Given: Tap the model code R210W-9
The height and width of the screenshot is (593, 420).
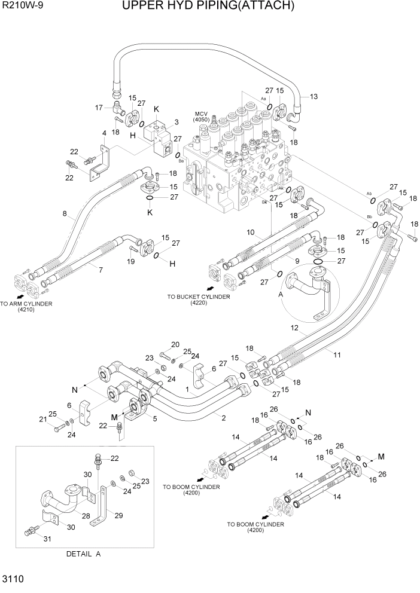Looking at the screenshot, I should click(23, 7).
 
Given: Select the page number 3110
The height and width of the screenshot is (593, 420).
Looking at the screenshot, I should click(14, 579).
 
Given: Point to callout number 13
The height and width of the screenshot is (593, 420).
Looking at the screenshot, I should click(314, 97).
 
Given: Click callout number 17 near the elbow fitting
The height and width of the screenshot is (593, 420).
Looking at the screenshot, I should click(101, 108).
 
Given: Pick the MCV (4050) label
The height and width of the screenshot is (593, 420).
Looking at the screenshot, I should click(201, 117).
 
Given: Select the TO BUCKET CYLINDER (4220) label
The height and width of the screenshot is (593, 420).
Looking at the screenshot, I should click(198, 299).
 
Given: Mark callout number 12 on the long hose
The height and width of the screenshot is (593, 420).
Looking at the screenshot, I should click(294, 328).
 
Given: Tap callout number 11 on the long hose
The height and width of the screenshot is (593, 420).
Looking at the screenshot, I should click(337, 355).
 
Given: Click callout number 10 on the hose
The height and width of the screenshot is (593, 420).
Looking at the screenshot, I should click(250, 232).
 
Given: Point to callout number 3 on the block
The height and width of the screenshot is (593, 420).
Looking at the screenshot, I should click(176, 122).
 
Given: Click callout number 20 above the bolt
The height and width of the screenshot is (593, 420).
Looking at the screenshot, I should click(175, 344).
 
